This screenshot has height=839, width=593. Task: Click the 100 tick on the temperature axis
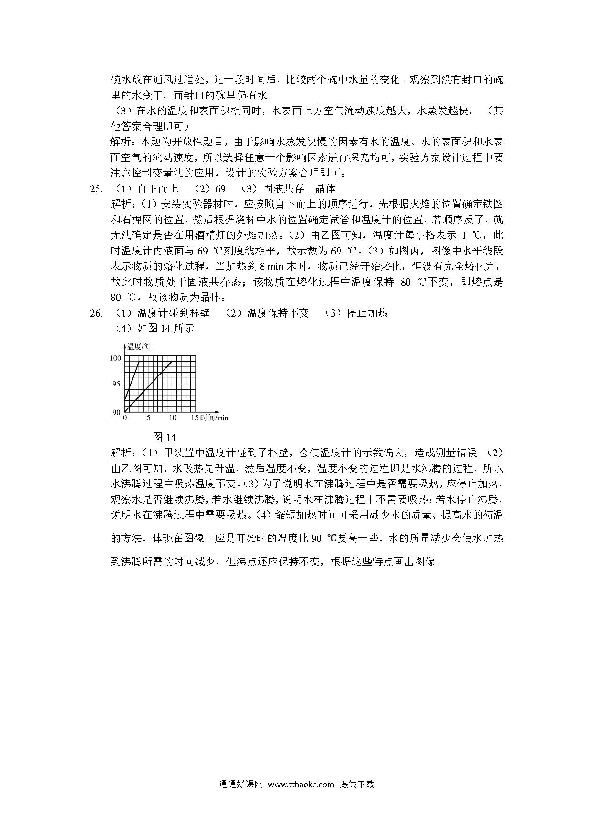tap(116, 358)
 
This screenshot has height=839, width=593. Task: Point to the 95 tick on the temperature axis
tap(116, 384)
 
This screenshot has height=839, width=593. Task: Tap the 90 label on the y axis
tap(116, 412)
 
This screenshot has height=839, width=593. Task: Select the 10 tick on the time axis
tap(172, 418)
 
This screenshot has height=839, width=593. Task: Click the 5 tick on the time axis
tap(148, 418)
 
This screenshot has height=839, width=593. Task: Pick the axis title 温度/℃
tap(139, 347)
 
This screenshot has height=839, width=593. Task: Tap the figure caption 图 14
tap(164, 437)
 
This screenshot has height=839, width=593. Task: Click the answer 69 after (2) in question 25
tap(218, 188)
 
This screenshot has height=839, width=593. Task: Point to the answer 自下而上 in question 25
tap(158, 188)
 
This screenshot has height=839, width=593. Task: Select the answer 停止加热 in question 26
tap(367, 313)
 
